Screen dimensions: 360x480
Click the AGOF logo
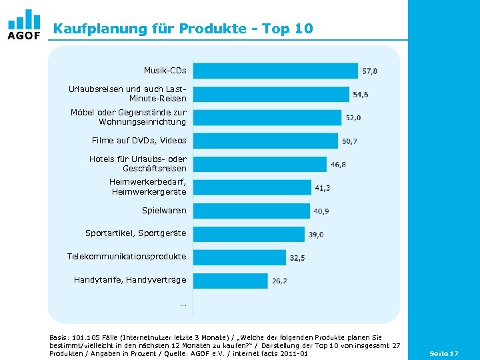coord(24,25)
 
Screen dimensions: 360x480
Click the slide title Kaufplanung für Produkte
coord(183,29)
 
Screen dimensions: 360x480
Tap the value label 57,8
coord(369,71)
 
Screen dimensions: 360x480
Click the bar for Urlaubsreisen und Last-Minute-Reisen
coord(270,94)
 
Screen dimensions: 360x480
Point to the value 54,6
coord(360,95)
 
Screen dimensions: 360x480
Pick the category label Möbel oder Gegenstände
coord(129,117)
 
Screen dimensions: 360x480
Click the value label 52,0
coord(353,118)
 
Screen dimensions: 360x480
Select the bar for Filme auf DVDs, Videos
coord(265,141)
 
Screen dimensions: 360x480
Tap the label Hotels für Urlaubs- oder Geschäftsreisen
coord(137,164)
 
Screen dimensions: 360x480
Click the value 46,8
coord(338,165)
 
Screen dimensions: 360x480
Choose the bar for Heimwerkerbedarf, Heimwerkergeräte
coord(251,187)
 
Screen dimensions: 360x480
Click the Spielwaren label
coord(164,211)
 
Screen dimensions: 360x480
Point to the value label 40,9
coord(321,211)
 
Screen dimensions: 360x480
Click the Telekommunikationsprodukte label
coord(127,257)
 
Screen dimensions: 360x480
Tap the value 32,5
coord(297,258)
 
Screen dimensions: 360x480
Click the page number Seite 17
coord(443,353)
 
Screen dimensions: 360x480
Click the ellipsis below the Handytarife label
coord(183,305)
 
